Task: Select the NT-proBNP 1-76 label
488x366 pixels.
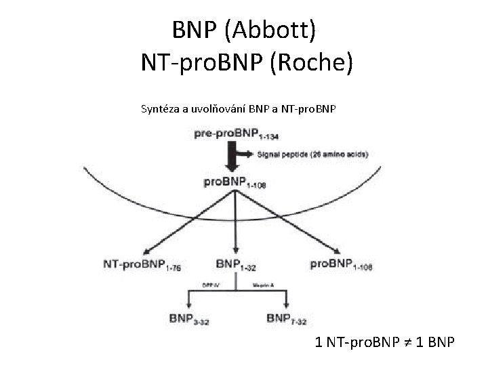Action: [142, 264]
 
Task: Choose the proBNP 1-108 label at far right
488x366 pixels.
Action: [342, 264]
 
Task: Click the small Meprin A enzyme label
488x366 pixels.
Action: [262, 285]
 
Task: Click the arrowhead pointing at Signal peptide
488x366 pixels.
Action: [253, 155]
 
